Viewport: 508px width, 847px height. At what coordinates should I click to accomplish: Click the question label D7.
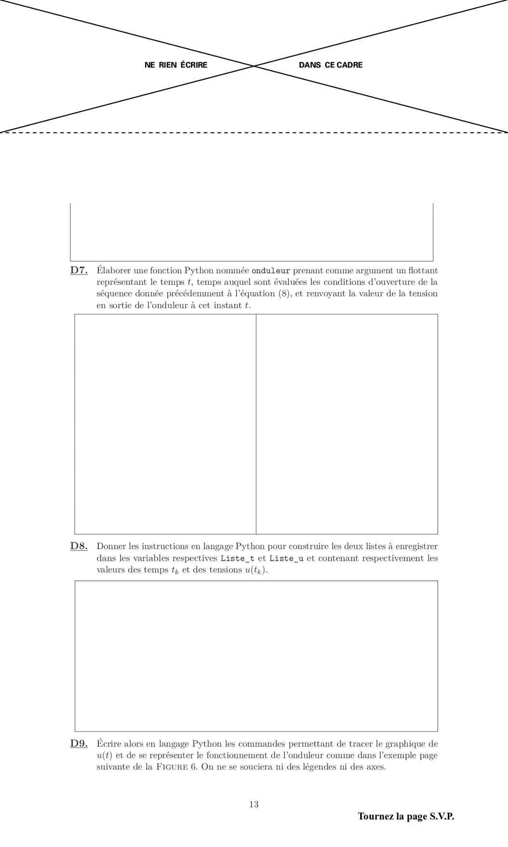(x=79, y=270)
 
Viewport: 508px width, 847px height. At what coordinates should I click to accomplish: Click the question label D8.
(x=79, y=546)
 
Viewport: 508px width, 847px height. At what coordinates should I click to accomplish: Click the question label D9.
(x=79, y=744)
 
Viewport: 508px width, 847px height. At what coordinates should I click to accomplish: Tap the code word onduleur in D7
(x=271, y=271)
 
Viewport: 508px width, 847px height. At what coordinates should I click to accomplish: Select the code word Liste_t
(x=238, y=558)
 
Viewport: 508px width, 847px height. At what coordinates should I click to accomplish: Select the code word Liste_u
(x=286, y=558)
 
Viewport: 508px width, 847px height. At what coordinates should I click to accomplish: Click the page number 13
(x=254, y=804)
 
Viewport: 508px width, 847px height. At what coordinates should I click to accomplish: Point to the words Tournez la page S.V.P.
(x=406, y=816)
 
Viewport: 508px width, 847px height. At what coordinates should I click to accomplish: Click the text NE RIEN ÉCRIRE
(x=176, y=65)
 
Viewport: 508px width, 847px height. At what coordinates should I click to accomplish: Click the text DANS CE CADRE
(x=331, y=65)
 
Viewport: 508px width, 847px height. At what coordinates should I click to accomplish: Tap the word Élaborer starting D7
(x=113, y=270)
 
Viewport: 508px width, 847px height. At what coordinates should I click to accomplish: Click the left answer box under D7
(x=165, y=424)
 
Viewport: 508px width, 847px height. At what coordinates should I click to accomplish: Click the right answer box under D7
(x=347, y=424)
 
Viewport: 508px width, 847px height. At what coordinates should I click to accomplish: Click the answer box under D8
(x=256, y=656)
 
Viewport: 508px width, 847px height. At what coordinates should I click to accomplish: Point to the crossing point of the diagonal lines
(x=254, y=66)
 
